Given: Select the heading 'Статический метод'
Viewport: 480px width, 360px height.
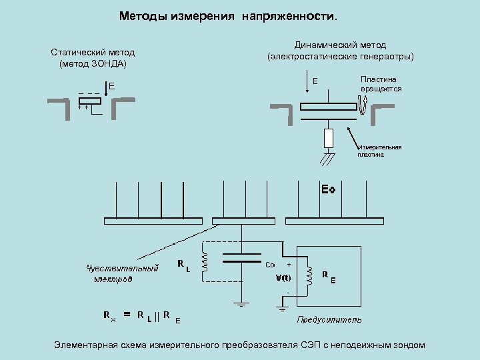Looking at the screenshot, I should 93,53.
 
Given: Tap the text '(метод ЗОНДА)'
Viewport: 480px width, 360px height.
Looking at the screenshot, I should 93,64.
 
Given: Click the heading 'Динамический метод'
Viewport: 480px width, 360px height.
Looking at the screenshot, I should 340,45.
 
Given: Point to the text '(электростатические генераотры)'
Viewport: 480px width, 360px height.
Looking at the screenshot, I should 340,57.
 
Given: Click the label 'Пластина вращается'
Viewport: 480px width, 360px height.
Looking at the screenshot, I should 381,84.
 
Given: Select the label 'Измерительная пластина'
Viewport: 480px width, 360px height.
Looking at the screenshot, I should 379,151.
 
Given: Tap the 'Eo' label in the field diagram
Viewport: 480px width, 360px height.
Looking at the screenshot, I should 327,190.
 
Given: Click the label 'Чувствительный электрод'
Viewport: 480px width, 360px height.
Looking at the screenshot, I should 121,273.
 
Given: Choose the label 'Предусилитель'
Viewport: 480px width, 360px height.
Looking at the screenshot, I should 329,320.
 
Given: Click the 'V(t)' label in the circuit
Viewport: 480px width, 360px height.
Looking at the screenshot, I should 283,277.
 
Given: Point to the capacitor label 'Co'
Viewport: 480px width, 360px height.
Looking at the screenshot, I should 270,264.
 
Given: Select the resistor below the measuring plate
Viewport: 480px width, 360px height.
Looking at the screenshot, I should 328,138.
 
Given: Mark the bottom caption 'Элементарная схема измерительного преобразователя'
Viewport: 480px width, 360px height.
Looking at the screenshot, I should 239,345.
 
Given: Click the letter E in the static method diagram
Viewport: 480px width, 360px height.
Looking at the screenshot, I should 112,87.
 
